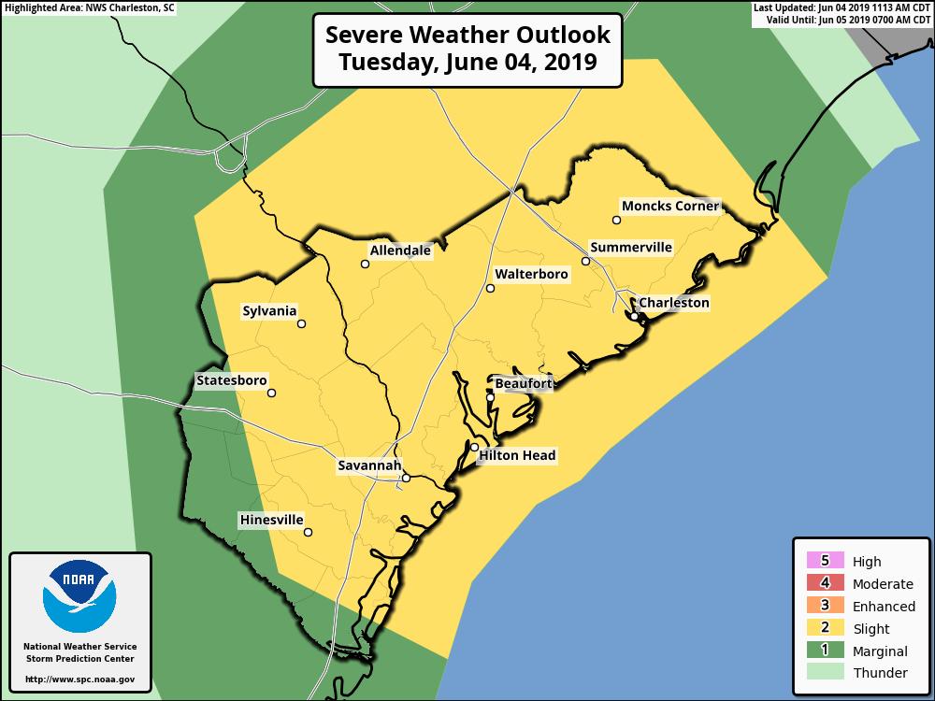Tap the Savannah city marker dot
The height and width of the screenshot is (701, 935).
tap(406, 478)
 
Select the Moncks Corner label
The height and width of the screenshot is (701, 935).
tap(670, 206)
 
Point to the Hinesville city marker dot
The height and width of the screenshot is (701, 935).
tap(308, 534)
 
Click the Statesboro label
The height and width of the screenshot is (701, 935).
tap(231, 380)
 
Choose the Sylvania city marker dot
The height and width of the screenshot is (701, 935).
tap(301, 324)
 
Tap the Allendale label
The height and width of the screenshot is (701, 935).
tap(400, 250)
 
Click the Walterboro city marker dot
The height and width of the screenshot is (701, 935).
tap(490, 289)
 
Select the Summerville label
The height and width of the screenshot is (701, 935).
tap(630, 248)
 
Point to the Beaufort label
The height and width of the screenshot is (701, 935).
tap(523, 383)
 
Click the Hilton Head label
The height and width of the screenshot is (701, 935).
tap(517, 455)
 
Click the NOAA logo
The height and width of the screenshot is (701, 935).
tap(79, 597)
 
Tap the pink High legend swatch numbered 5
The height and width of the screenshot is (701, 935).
tap(825, 561)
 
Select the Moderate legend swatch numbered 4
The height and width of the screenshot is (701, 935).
tap(825, 583)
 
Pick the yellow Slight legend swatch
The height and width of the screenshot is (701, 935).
tap(825, 628)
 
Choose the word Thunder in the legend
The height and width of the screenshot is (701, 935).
tap(879, 673)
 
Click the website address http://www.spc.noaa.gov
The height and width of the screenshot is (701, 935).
tap(79, 679)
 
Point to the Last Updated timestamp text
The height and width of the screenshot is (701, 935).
tap(841, 7)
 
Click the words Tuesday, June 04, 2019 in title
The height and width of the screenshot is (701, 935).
tap(467, 64)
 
